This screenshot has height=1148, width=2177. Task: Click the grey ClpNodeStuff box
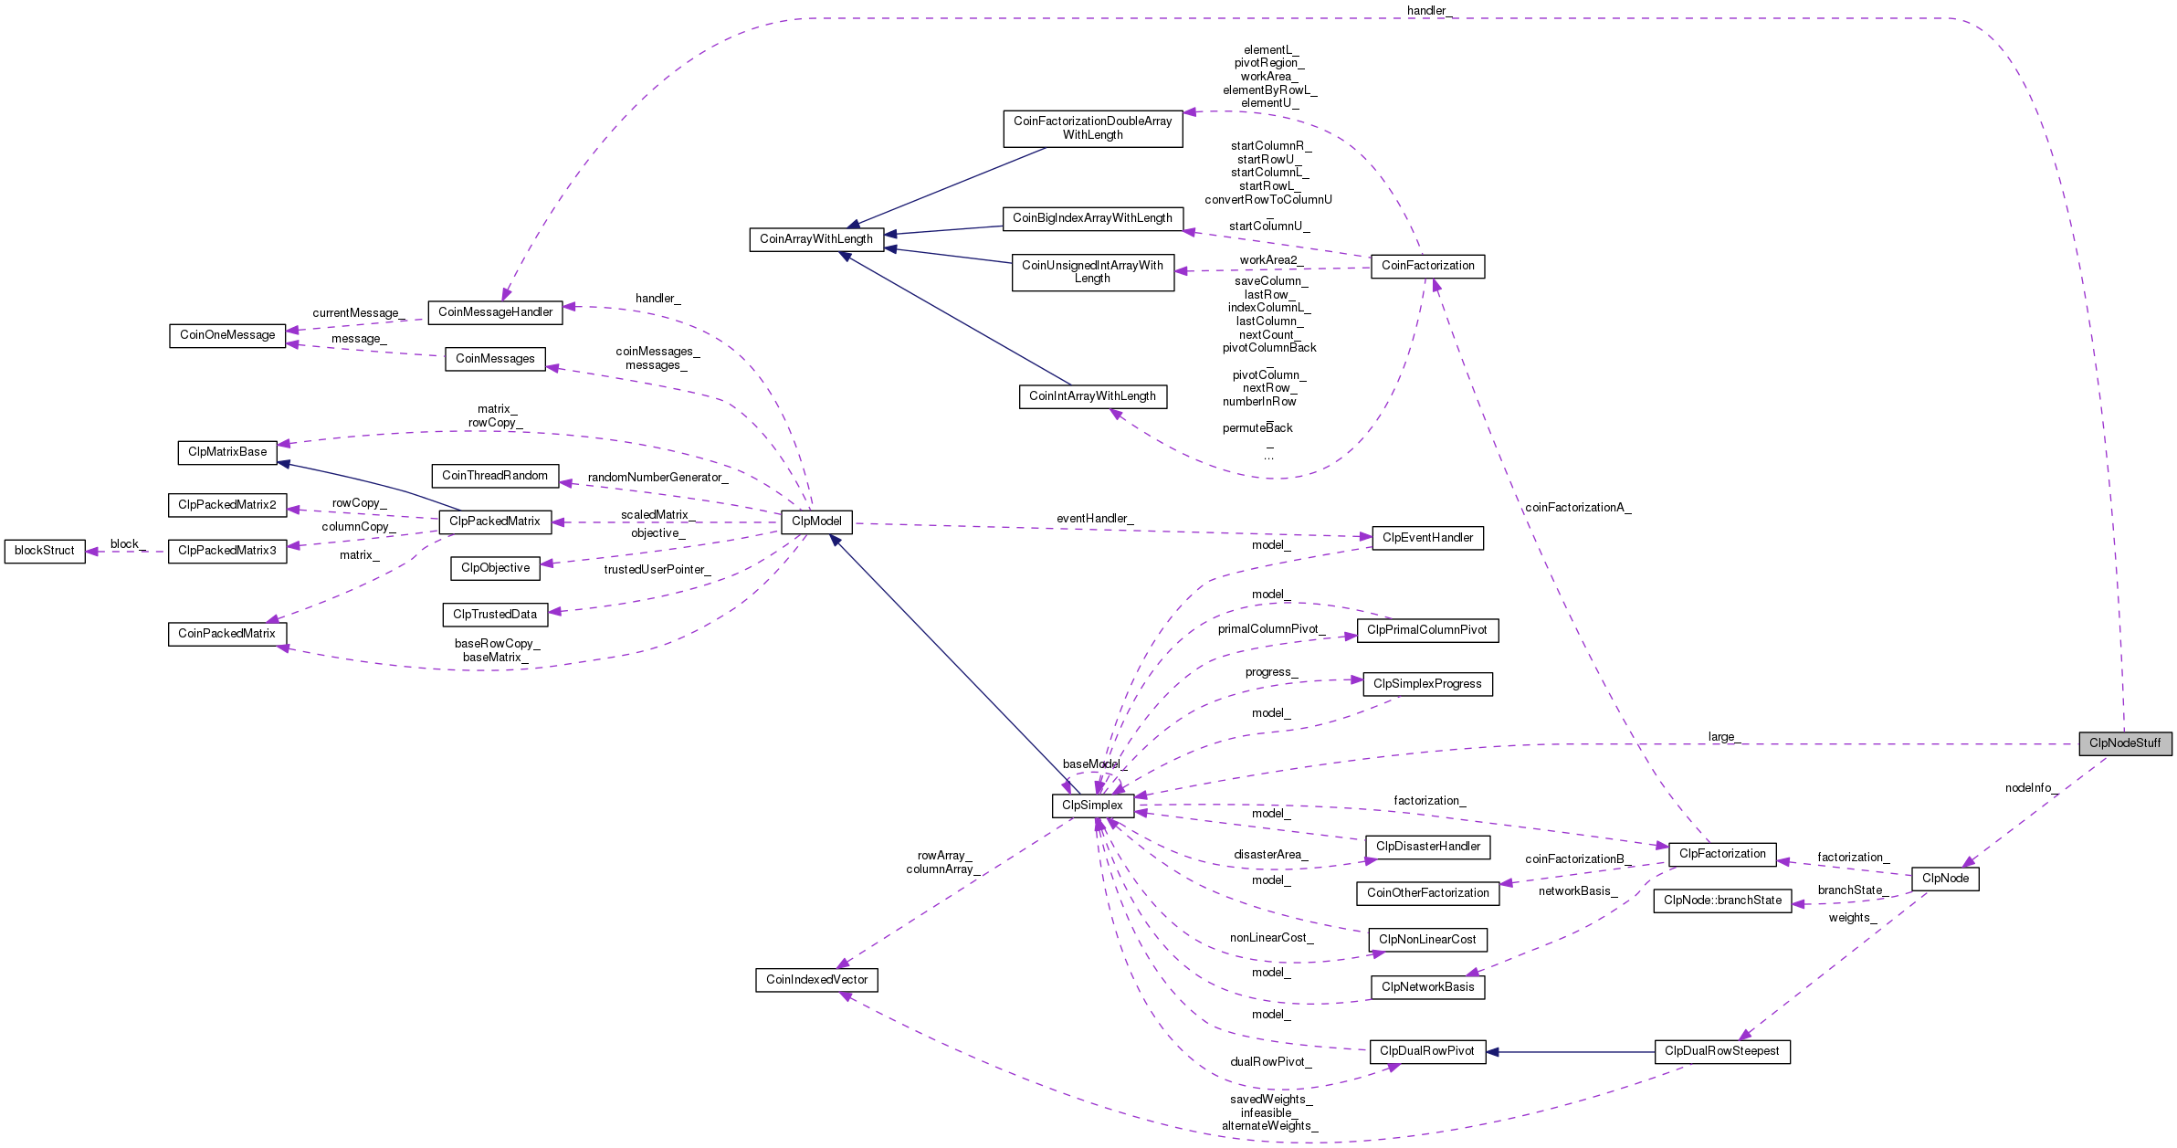pos(2125,743)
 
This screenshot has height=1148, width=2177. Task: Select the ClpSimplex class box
pos(1092,805)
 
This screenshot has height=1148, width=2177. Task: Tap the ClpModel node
pos(816,521)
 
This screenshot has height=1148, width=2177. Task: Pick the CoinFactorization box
pos(1427,265)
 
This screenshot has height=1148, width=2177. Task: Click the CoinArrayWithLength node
pos(816,238)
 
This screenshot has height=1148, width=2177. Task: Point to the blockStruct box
pos(45,550)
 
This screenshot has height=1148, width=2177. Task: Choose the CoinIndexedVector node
pos(816,979)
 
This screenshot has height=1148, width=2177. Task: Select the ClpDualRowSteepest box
pos(1721,1050)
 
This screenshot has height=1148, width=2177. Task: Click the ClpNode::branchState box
pos(1722,900)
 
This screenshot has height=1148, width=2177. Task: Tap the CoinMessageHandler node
pos(495,311)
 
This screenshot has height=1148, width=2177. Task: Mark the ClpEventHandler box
pos(1427,537)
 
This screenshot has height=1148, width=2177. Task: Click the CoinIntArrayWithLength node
pos(1092,395)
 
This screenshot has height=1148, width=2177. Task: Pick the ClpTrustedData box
pos(495,614)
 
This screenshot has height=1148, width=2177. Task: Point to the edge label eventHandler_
pos(1095,518)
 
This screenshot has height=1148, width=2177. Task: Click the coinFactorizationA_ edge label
pos(1577,507)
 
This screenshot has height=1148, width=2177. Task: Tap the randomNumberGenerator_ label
pos(657,477)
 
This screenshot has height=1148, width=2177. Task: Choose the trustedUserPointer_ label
pos(657,569)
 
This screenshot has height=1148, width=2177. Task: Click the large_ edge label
pos(1724,736)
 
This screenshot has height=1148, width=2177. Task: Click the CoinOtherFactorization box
pos(1427,892)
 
